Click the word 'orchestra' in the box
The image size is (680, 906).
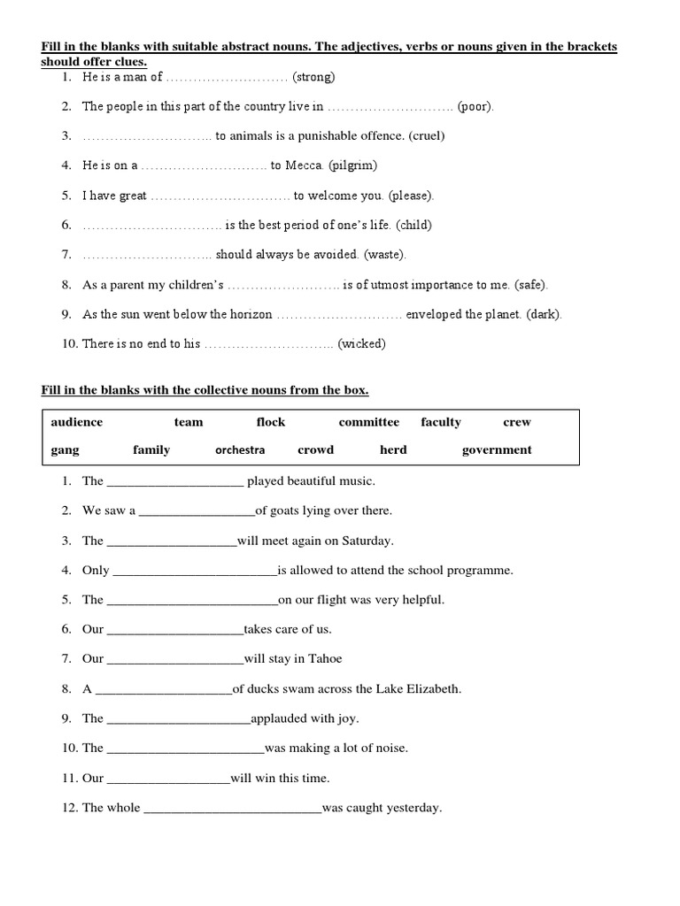[240, 450]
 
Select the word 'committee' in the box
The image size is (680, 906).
[368, 423]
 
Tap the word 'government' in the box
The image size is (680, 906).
[497, 450]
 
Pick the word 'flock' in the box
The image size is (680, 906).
[271, 423]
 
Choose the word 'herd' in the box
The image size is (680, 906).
[393, 450]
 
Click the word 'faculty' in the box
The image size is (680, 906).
[441, 423]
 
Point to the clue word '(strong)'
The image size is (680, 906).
[313, 78]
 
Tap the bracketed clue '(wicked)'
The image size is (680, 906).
[361, 344]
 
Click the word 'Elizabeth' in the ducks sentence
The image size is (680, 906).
[433, 689]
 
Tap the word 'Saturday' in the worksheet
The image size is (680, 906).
[366, 541]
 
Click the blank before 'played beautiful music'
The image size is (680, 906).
[174, 482]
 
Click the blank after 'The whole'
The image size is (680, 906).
[232, 809]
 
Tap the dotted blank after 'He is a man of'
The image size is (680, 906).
[228, 78]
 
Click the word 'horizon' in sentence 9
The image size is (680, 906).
[251, 315]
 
